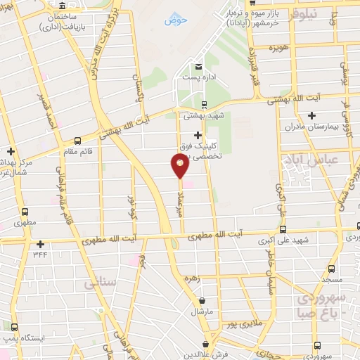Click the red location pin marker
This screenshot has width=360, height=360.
click(x=180, y=166)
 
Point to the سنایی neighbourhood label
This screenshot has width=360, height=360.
click(x=98, y=283)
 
